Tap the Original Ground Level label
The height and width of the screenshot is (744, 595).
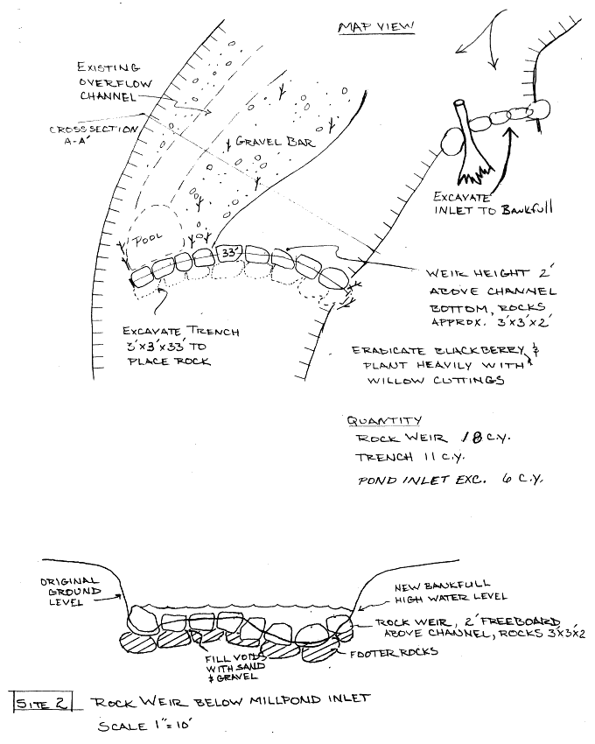[71, 592]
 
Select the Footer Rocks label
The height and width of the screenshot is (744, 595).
[394, 652]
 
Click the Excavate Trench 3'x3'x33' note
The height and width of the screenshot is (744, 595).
[170, 346]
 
